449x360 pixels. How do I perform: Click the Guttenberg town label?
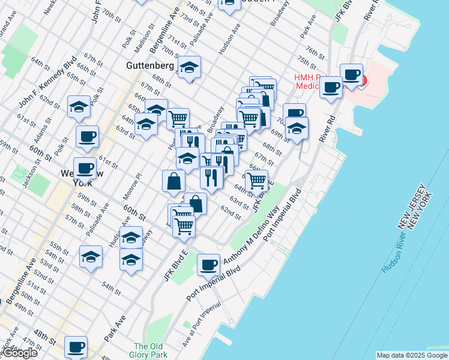[150, 65]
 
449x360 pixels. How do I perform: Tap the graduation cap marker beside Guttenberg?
[189, 68]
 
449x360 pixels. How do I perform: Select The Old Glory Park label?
[148, 350]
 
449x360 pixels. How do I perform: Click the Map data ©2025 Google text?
[411, 355]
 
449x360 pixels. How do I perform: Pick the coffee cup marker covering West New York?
[85, 168]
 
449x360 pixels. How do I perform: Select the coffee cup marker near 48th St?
[76, 347]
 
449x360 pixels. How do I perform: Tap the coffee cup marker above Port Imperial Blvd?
[209, 264]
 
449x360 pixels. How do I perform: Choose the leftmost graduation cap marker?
[79, 107]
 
